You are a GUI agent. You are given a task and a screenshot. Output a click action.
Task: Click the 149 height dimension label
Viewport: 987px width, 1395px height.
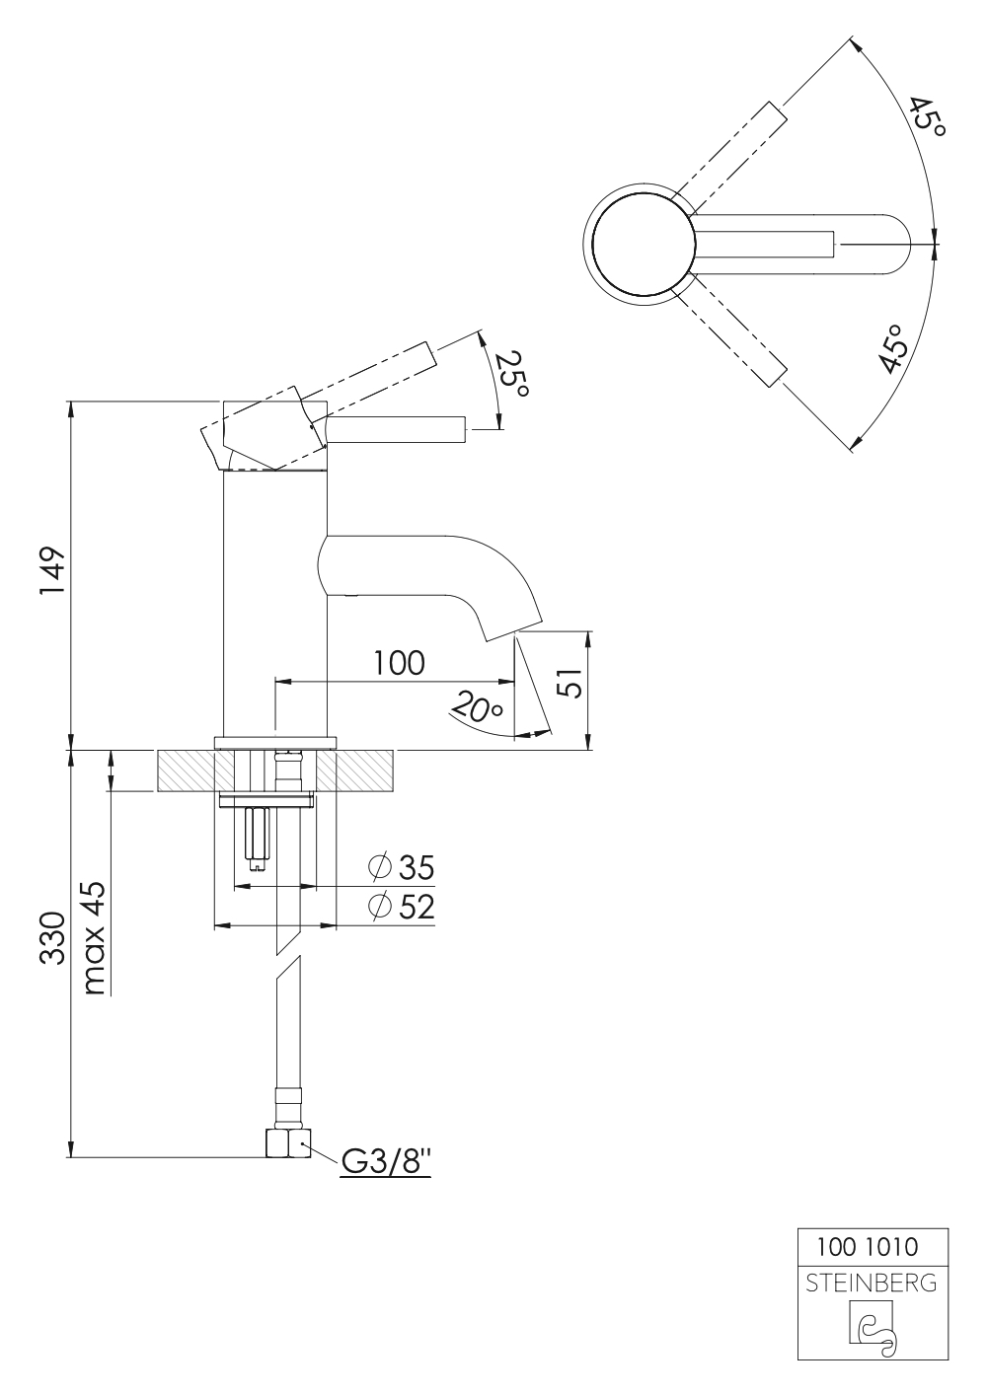(52, 572)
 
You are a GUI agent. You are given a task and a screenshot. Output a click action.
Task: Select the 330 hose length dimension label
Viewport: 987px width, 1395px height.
(52, 938)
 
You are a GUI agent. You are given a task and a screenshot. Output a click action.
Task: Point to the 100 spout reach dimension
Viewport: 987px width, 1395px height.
(399, 663)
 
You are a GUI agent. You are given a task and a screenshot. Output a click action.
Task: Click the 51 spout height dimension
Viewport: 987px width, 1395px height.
(568, 684)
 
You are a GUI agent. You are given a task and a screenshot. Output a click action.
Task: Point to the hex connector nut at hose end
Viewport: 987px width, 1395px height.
(287, 1144)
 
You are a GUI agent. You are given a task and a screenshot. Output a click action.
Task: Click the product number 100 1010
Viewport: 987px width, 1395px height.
(868, 1247)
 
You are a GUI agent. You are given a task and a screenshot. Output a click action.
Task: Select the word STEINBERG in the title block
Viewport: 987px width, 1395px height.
(872, 1284)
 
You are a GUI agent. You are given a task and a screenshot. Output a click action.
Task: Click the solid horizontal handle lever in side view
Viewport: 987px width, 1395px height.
(395, 429)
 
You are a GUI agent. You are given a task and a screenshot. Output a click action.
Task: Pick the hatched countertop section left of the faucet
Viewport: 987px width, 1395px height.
(185, 771)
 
